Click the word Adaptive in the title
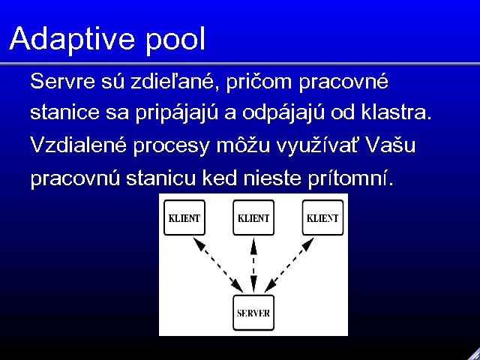[72, 40]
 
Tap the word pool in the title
[175, 40]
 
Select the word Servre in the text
[62, 82]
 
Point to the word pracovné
[343, 82]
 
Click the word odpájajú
[283, 113]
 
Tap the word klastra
[396, 112]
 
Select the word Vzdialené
[78, 145]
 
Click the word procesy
[171, 147]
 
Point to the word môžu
[243, 145]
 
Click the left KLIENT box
[184, 217]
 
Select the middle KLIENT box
[253, 217]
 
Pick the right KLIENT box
[322, 217]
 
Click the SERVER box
[253, 313]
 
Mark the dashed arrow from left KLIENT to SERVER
[218, 265]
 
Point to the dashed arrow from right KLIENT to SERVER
[289, 265]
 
